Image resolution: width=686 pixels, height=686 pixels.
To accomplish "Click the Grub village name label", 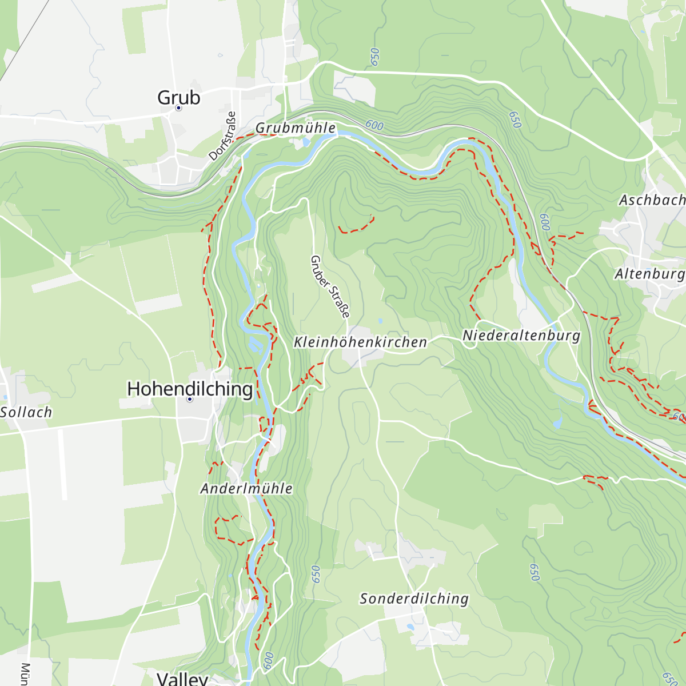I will [x=179, y=98].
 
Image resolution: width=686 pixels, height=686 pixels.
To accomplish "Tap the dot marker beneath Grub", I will [x=178, y=108].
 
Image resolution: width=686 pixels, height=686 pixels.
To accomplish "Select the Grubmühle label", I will [x=296, y=128].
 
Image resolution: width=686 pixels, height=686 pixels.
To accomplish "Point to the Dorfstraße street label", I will [x=222, y=136].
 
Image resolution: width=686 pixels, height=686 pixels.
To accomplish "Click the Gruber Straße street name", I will [x=329, y=286].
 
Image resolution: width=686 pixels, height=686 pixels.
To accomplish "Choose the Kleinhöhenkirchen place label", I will [x=360, y=342].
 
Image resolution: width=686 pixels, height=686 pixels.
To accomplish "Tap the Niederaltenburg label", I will [x=521, y=336].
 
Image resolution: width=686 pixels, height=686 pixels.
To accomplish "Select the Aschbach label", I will [x=652, y=200].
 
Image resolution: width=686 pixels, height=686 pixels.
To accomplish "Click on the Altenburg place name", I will [x=649, y=274].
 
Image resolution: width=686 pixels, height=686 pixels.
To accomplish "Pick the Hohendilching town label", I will [x=190, y=389].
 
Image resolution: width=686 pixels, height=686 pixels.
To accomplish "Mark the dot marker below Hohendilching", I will [x=190, y=400].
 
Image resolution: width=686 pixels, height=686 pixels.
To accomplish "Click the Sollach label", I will [x=26, y=412].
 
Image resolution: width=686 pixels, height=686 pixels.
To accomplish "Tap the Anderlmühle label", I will [x=246, y=489].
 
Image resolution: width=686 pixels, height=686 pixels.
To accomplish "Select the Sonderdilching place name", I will [x=414, y=599].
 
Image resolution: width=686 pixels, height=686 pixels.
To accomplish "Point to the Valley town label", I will [x=182, y=679].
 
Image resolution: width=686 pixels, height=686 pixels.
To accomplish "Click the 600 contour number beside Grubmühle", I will [x=374, y=125].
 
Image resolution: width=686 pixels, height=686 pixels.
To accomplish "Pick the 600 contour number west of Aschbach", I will [x=545, y=222].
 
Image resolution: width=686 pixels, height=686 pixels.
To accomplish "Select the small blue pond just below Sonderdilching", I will [x=410, y=627].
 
